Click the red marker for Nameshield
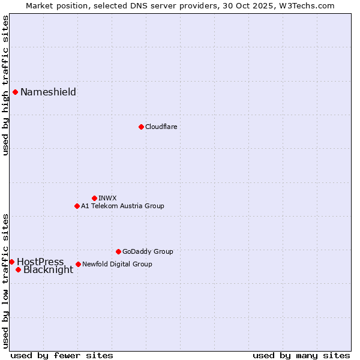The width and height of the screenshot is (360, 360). (x=15, y=92)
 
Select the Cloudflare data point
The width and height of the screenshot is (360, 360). (x=141, y=127)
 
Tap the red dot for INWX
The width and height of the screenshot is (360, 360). (x=94, y=198)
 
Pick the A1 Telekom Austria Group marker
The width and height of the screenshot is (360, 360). (x=77, y=206)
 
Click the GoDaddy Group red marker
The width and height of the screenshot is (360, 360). (x=118, y=251)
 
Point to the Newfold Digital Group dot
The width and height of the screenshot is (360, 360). (x=78, y=264)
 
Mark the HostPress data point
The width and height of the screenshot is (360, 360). (x=11, y=262)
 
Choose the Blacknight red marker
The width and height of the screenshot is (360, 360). (x=18, y=269)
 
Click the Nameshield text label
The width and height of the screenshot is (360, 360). (x=48, y=92)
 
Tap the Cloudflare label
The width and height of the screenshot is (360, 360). (x=161, y=127)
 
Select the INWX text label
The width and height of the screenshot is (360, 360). (x=107, y=198)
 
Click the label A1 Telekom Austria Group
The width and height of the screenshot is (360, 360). (x=122, y=206)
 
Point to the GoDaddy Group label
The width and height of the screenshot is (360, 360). (x=148, y=251)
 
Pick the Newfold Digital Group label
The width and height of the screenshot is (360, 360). (x=117, y=264)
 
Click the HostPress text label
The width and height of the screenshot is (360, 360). (x=40, y=262)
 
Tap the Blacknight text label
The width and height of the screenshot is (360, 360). (x=48, y=270)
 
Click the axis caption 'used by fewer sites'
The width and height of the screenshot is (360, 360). (x=62, y=355)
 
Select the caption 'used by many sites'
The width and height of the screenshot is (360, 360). (x=301, y=355)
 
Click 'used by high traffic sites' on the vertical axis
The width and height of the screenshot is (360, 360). (x=5, y=85)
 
